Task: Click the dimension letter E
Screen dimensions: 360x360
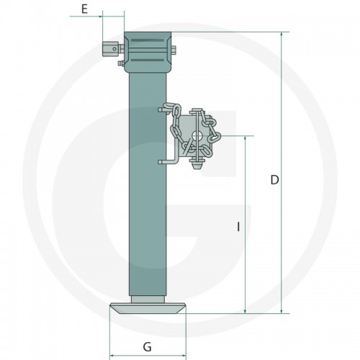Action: pyautogui.click(x=84, y=9)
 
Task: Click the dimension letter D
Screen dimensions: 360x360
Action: pyautogui.click(x=274, y=180)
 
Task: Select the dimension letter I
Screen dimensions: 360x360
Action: pyautogui.click(x=238, y=227)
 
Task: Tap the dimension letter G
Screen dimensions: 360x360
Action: pyautogui.click(x=147, y=347)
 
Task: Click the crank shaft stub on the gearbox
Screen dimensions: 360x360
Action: pyautogui.click(x=111, y=49)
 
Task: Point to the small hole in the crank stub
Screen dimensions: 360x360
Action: pyautogui.click(x=114, y=49)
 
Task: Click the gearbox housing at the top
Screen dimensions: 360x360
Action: pyautogui.click(x=148, y=52)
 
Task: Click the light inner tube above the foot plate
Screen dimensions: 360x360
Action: pyautogui.click(x=148, y=300)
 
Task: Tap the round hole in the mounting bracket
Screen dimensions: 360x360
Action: pyautogui.click(x=197, y=137)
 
